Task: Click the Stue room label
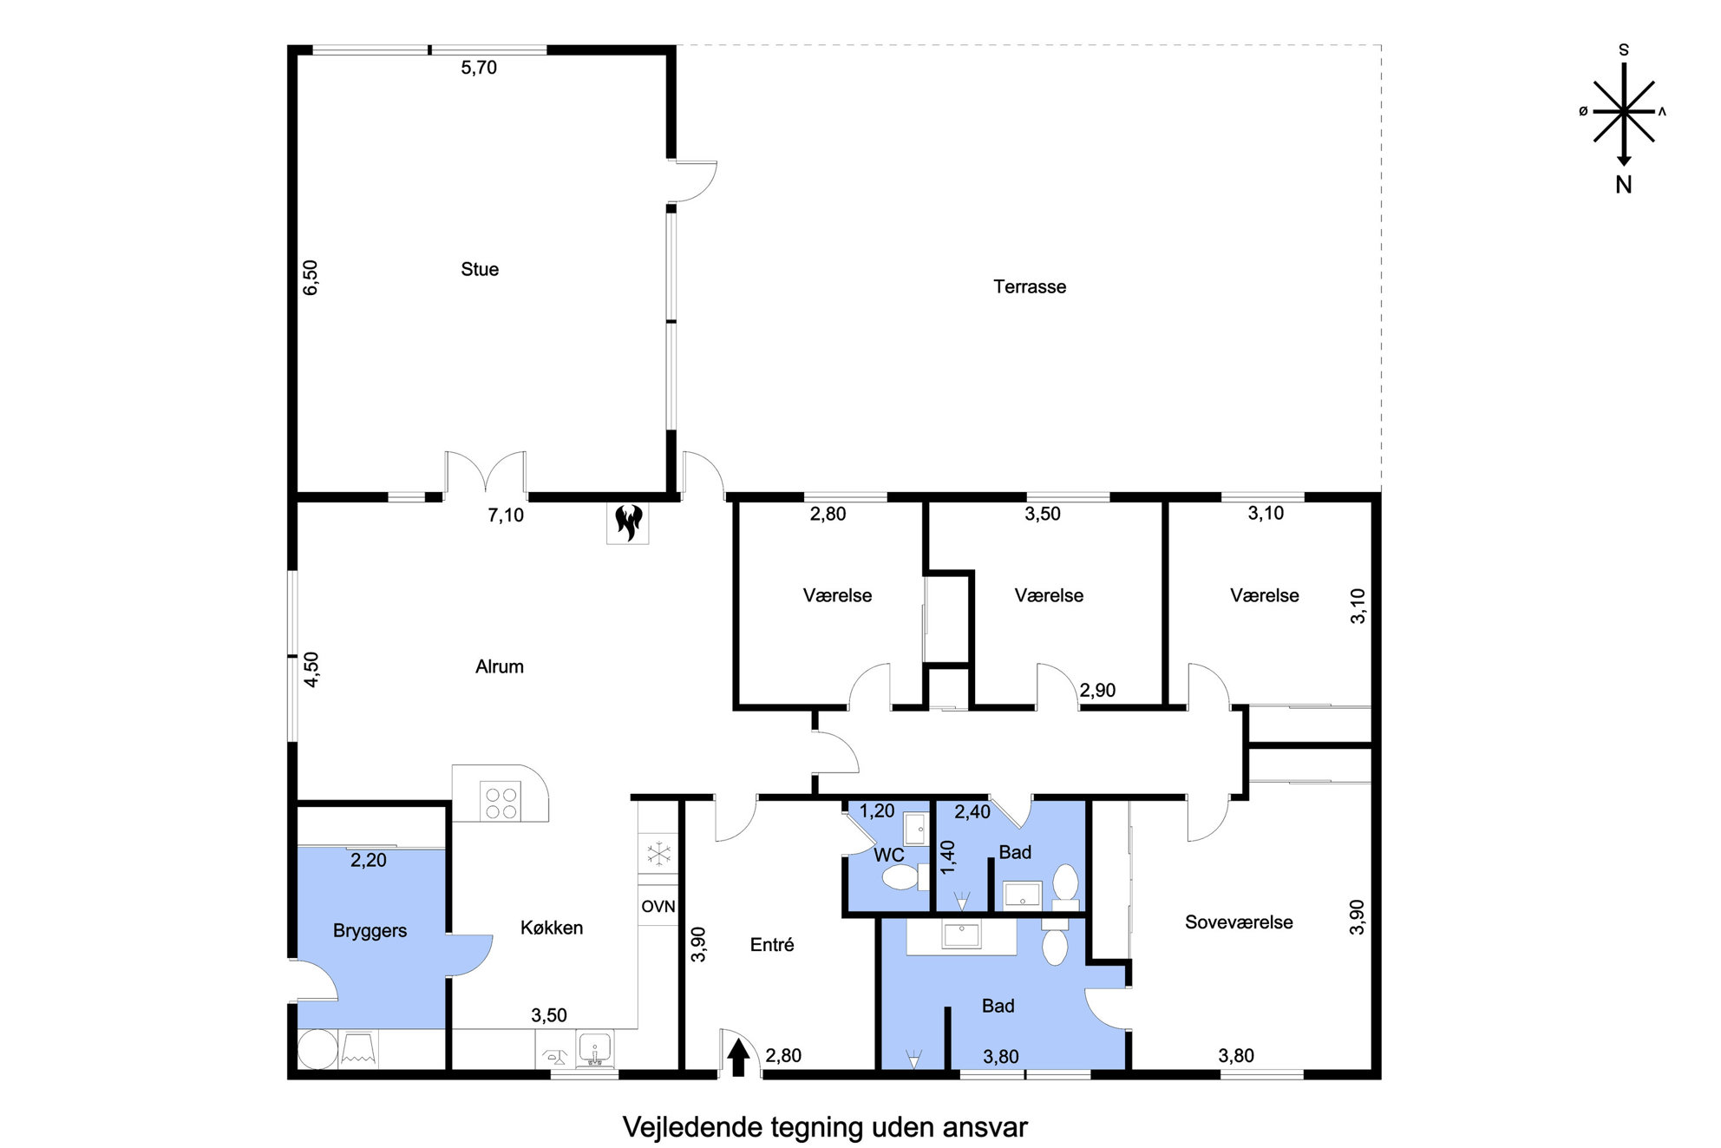click(480, 269)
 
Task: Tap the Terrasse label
click(1030, 286)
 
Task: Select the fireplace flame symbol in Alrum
click(628, 522)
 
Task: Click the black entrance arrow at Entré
click(738, 1058)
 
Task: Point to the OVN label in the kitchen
click(658, 907)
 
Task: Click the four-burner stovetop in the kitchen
click(501, 802)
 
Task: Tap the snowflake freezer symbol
click(659, 854)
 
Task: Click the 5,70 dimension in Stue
click(479, 67)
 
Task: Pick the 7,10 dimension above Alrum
click(506, 515)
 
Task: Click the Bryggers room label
click(370, 931)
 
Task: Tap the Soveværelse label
click(1239, 922)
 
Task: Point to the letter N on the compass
click(1624, 185)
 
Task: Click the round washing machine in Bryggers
click(317, 1049)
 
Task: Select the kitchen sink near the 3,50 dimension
click(595, 1049)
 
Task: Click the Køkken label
click(552, 928)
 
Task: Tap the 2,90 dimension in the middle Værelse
click(1097, 691)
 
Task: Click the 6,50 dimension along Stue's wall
click(311, 278)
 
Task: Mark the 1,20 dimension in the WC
click(877, 811)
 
